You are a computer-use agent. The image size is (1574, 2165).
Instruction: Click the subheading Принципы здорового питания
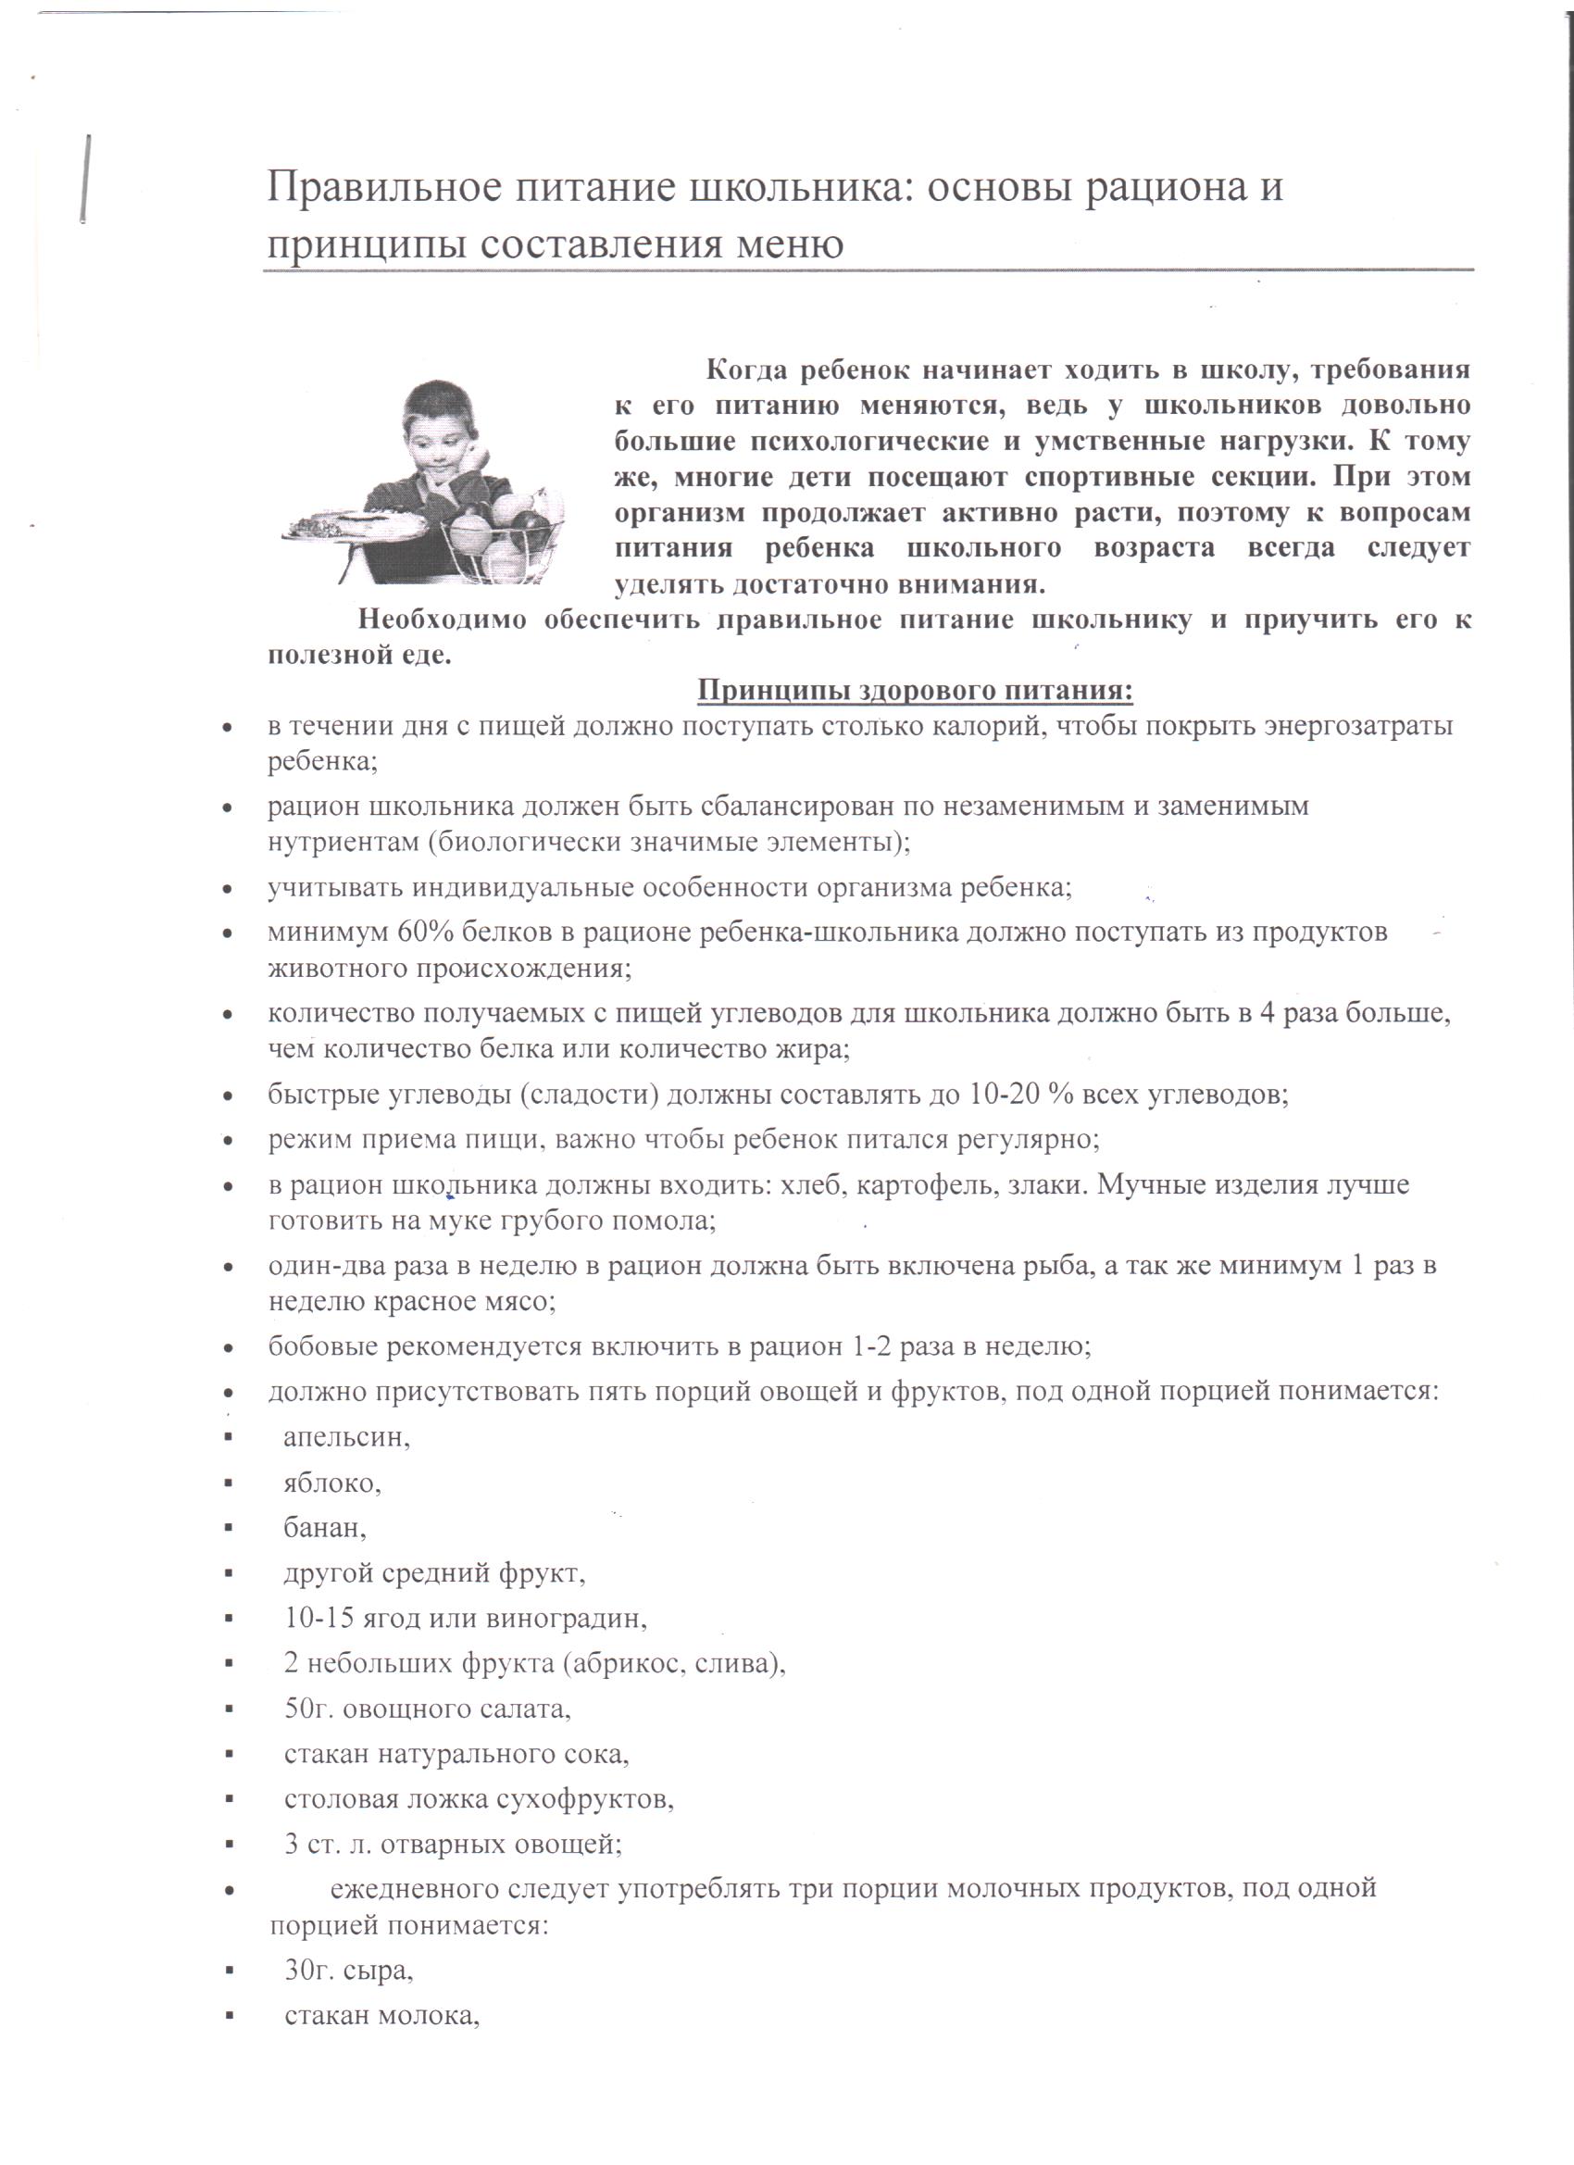tap(915, 689)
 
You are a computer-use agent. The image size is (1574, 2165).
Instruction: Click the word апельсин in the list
tap(346, 1437)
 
